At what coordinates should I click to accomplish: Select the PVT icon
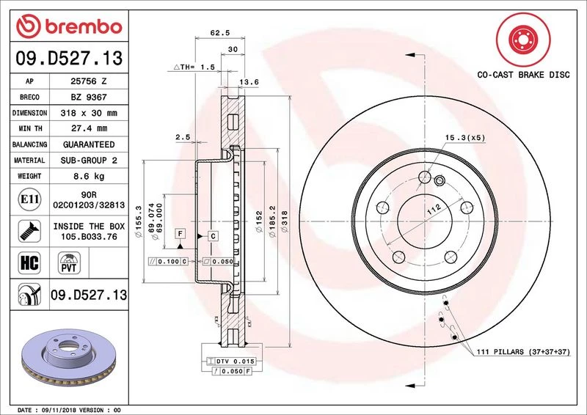(x=70, y=262)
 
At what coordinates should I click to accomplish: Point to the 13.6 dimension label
(x=251, y=82)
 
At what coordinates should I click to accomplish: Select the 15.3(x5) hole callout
(x=464, y=136)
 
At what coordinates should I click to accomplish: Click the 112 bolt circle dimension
(x=432, y=210)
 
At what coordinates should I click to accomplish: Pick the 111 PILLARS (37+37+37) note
(x=522, y=353)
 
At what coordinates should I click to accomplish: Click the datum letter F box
(x=178, y=233)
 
